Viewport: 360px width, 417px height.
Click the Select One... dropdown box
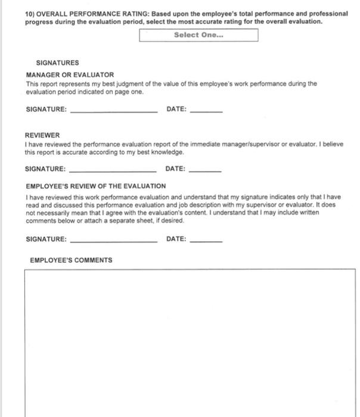tap(198, 35)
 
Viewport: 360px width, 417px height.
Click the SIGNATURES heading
tap(57, 63)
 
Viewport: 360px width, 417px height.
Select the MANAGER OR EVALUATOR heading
tap(70, 75)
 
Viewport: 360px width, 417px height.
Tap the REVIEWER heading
tap(42, 135)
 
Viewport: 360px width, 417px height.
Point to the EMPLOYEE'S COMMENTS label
tap(71, 260)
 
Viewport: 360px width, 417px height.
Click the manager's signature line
tap(114, 111)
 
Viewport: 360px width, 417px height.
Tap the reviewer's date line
tap(204, 170)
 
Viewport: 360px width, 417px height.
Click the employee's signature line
tap(114, 241)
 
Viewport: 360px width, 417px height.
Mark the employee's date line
tap(206, 241)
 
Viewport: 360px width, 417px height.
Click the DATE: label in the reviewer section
tap(175, 169)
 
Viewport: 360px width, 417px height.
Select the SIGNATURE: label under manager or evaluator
tap(46, 110)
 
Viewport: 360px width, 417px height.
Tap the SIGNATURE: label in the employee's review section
tap(46, 239)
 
